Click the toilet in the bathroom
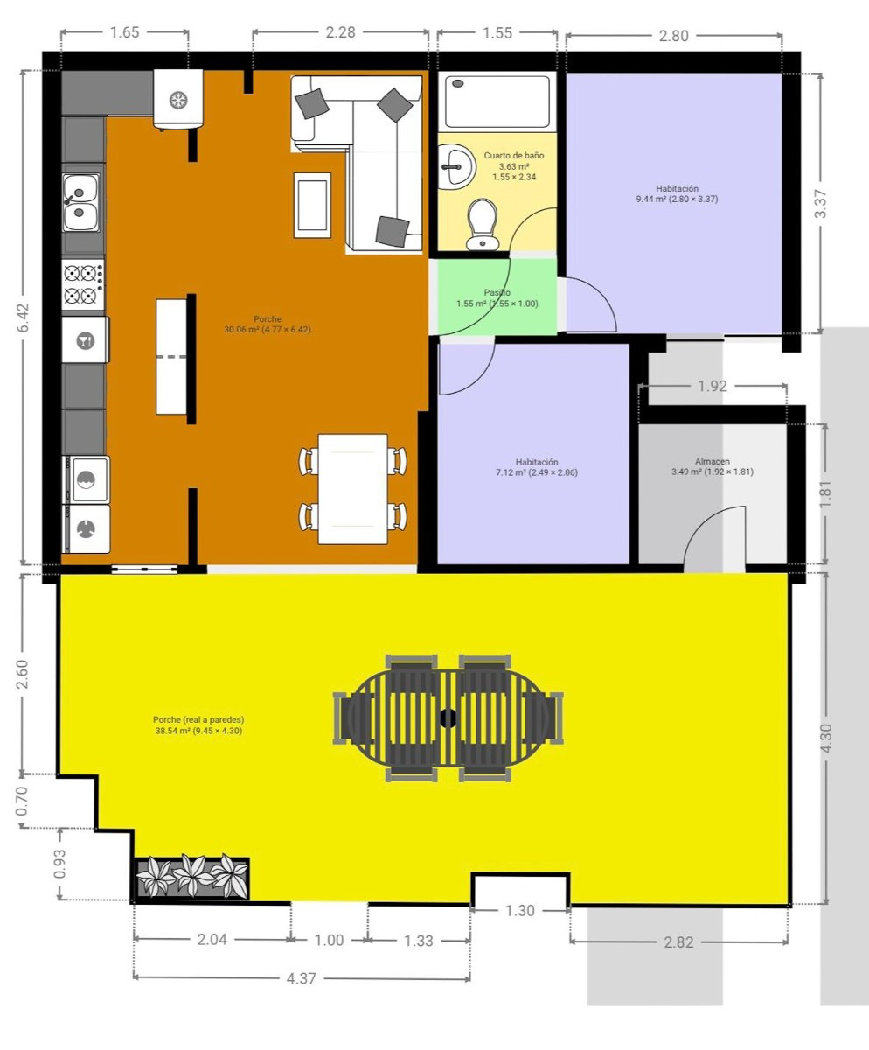482,224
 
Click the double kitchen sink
81,200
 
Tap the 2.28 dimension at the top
340,33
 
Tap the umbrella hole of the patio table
448,718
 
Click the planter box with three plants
192,878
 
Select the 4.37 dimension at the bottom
301,978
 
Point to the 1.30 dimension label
520,911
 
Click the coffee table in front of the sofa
312,205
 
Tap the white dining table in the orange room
352,488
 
